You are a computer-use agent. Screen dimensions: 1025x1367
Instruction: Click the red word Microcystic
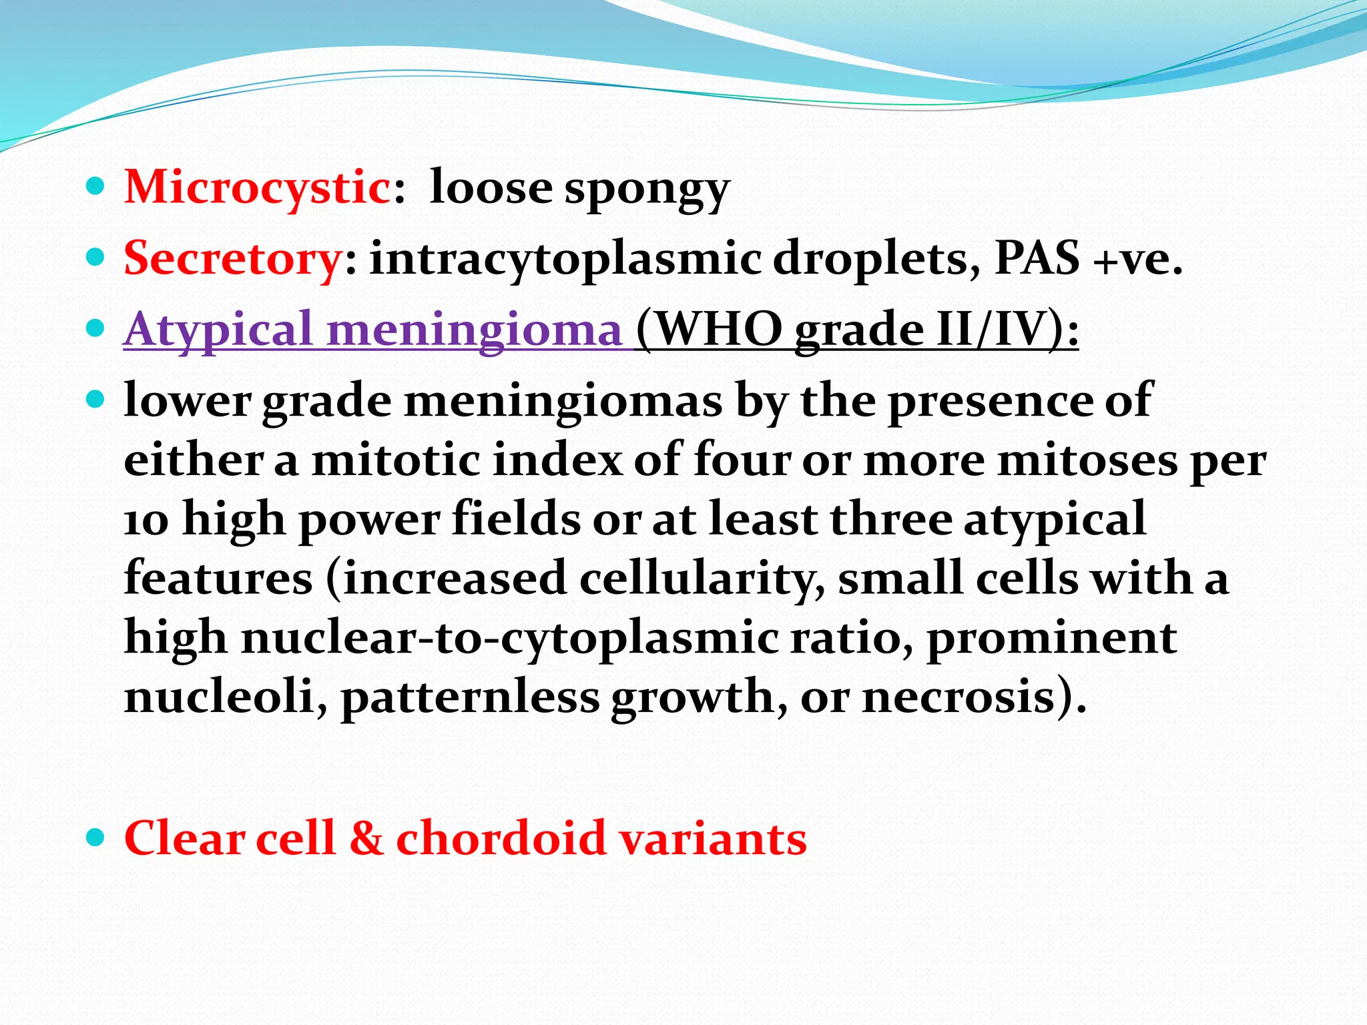pos(258,188)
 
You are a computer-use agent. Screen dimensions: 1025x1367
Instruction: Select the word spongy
pos(647,190)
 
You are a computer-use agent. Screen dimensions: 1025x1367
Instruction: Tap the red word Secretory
pos(233,259)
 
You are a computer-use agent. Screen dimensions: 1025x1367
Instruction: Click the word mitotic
pos(396,460)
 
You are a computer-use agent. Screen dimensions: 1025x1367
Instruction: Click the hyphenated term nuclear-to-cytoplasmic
pos(509,638)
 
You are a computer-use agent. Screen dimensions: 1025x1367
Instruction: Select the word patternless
pos(470,697)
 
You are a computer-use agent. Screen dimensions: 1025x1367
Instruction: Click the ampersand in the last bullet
pos(366,838)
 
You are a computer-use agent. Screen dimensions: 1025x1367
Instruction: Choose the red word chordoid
pos(501,838)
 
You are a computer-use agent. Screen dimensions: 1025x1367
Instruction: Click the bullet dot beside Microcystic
pos(96,186)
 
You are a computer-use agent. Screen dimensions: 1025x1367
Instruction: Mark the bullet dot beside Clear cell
pos(96,836)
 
